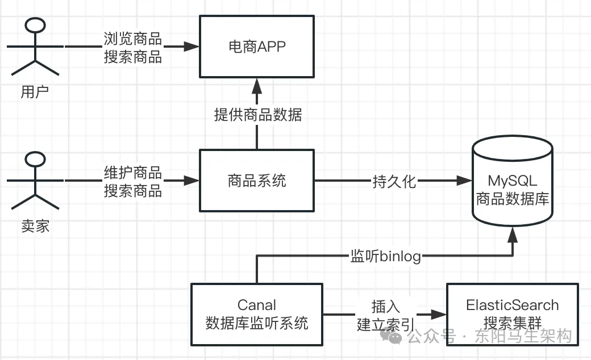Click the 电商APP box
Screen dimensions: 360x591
[x=256, y=47]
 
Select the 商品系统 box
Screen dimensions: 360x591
[x=256, y=181]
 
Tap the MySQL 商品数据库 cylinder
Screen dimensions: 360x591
[x=513, y=182]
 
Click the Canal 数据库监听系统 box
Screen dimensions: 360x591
[x=256, y=315]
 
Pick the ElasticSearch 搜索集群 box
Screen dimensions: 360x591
[x=512, y=314]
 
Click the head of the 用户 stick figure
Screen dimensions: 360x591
[x=36, y=27]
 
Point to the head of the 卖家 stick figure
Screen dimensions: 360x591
[x=36, y=161]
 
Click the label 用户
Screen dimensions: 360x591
[x=35, y=92]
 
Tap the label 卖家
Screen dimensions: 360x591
[x=35, y=227]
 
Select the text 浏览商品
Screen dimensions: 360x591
[x=132, y=39]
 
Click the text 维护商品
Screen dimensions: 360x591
[x=132, y=173]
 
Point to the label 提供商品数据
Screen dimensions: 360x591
[x=257, y=115]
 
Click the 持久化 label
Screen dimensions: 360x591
[x=394, y=182]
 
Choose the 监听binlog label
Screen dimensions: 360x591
[x=385, y=256]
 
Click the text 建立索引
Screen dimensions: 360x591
[x=385, y=324]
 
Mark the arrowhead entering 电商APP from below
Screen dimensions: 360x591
[x=257, y=85]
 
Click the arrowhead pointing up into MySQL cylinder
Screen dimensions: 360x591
[x=513, y=233]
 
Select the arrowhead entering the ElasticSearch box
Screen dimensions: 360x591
[x=438, y=314]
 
